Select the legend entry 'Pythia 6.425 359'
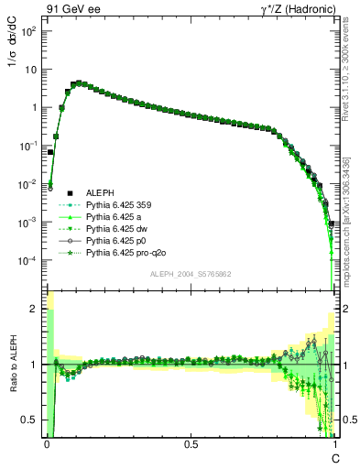coord(118,205)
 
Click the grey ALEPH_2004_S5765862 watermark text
coord(190,274)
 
